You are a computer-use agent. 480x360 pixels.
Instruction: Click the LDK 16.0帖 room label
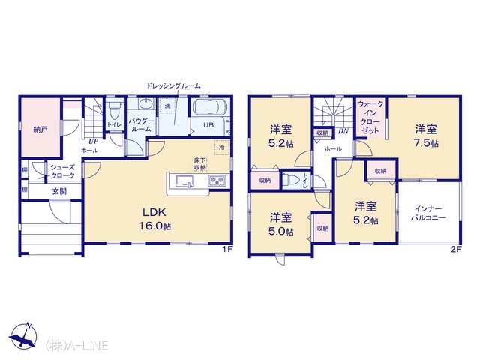tap(154, 219)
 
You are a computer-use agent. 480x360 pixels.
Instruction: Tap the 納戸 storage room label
tap(40, 130)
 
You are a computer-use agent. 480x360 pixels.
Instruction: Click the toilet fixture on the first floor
tap(115, 110)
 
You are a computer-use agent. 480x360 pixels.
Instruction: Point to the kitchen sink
tap(184, 181)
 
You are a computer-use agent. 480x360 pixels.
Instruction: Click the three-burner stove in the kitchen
tap(217, 181)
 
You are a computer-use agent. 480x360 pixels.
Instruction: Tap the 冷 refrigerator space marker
tap(222, 148)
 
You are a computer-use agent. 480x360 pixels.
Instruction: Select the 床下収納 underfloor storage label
tap(200, 164)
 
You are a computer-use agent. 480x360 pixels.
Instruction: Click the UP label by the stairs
tap(93, 142)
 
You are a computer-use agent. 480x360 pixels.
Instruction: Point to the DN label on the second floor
tap(343, 131)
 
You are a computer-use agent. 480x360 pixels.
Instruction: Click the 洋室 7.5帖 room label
tap(426, 136)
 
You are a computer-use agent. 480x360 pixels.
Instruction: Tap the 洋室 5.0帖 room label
tap(281, 224)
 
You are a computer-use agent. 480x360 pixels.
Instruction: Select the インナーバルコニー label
tap(428, 214)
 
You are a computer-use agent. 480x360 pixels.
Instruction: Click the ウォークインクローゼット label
tap(370, 117)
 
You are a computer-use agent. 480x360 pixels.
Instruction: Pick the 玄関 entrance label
tap(59, 192)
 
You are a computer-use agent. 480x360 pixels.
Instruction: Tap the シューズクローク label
tap(63, 172)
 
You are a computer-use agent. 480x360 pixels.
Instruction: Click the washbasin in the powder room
tap(145, 103)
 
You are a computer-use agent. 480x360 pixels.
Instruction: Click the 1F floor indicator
tap(228, 249)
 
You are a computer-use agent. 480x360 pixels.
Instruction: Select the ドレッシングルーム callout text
tap(173, 85)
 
